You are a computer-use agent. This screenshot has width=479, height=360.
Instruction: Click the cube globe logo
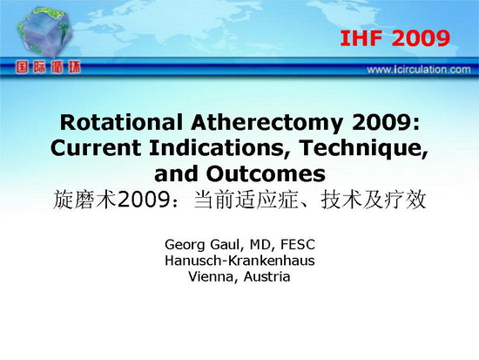45,32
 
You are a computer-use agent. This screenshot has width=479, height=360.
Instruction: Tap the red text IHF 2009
395,38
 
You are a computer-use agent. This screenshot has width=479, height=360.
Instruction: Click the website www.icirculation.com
419,70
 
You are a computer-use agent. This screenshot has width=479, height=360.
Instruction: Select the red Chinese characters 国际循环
48,67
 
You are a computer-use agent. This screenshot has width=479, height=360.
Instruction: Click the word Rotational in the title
121,122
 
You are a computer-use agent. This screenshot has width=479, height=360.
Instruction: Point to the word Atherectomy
266,124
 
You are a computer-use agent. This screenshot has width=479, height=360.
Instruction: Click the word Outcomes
266,174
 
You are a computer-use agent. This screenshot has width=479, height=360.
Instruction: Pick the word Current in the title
96,148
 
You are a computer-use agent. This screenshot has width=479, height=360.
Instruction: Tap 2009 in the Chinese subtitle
143,200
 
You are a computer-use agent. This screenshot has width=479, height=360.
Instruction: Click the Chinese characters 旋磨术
85,200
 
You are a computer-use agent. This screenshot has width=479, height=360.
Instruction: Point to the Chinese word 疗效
405,200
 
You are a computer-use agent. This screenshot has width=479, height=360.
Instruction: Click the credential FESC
298,244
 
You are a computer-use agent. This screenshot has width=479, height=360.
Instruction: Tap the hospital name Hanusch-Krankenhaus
239,261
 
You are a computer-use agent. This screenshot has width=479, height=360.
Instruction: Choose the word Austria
267,277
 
